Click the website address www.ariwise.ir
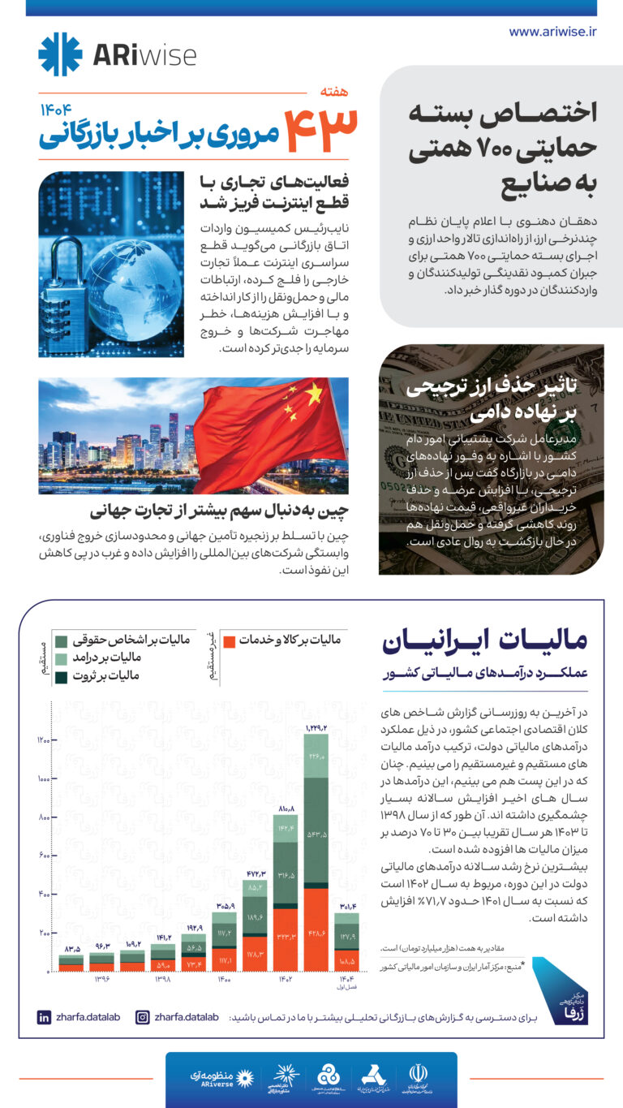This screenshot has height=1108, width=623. click(552, 32)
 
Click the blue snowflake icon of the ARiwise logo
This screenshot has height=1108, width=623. click(60, 54)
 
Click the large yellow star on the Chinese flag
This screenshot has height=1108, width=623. click(312, 394)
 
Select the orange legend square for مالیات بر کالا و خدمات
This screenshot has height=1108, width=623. click(230, 641)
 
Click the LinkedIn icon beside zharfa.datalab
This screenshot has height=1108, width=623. click(44, 1017)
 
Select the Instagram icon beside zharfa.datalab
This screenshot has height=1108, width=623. click(142, 1017)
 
